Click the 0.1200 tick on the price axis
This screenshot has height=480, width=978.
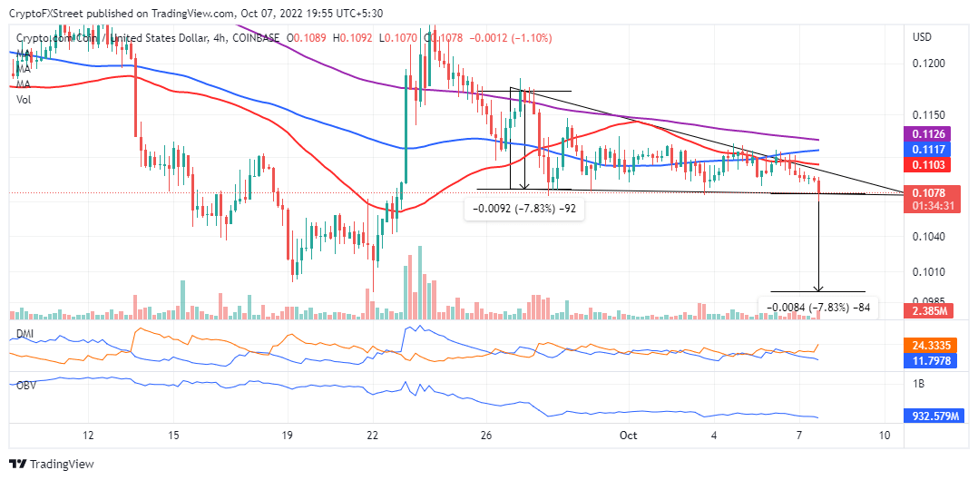(928, 64)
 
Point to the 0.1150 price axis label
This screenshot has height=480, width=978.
(928, 116)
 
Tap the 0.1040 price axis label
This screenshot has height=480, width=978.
(928, 236)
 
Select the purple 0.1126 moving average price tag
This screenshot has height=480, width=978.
(930, 134)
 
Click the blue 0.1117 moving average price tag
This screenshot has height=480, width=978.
(930, 149)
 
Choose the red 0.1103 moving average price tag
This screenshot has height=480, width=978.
(930, 164)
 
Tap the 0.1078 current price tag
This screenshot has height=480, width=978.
(930, 193)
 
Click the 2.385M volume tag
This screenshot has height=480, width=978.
(930, 311)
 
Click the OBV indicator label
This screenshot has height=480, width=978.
(27, 385)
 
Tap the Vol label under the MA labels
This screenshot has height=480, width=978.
(24, 100)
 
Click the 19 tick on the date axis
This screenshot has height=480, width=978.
(287, 436)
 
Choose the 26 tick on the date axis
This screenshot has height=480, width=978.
(486, 436)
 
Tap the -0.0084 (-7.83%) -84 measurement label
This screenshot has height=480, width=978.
(819, 308)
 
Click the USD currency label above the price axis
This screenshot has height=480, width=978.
(922, 37)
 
